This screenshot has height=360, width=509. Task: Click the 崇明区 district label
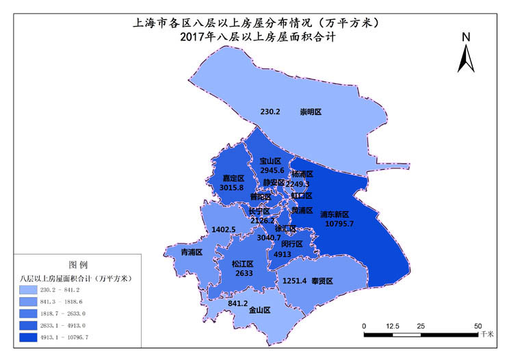pyautogui.click(x=310, y=112)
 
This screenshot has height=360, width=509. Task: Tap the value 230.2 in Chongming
pyautogui.click(x=270, y=112)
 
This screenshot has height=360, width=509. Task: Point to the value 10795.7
pyautogui.click(x=339, y=224)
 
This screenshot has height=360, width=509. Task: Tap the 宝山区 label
pyautogui.click(x=271, y=161)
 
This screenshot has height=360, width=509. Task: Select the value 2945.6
pyautogui.click(x=272, y=170)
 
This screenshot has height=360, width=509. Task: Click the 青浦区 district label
pyautogui.click(x=191, y=253)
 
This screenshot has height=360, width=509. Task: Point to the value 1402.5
pyautogui.click(x=224, y=230)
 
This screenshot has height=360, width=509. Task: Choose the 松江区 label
pyautogui.click(x=242, y=263)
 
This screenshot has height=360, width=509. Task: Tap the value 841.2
pyautogui.click(x=237, y=303)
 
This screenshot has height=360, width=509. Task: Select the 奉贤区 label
pyautogui.click(x=322, y=281)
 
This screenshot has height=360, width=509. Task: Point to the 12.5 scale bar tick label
pyautogui.click(x=393, y=326)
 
